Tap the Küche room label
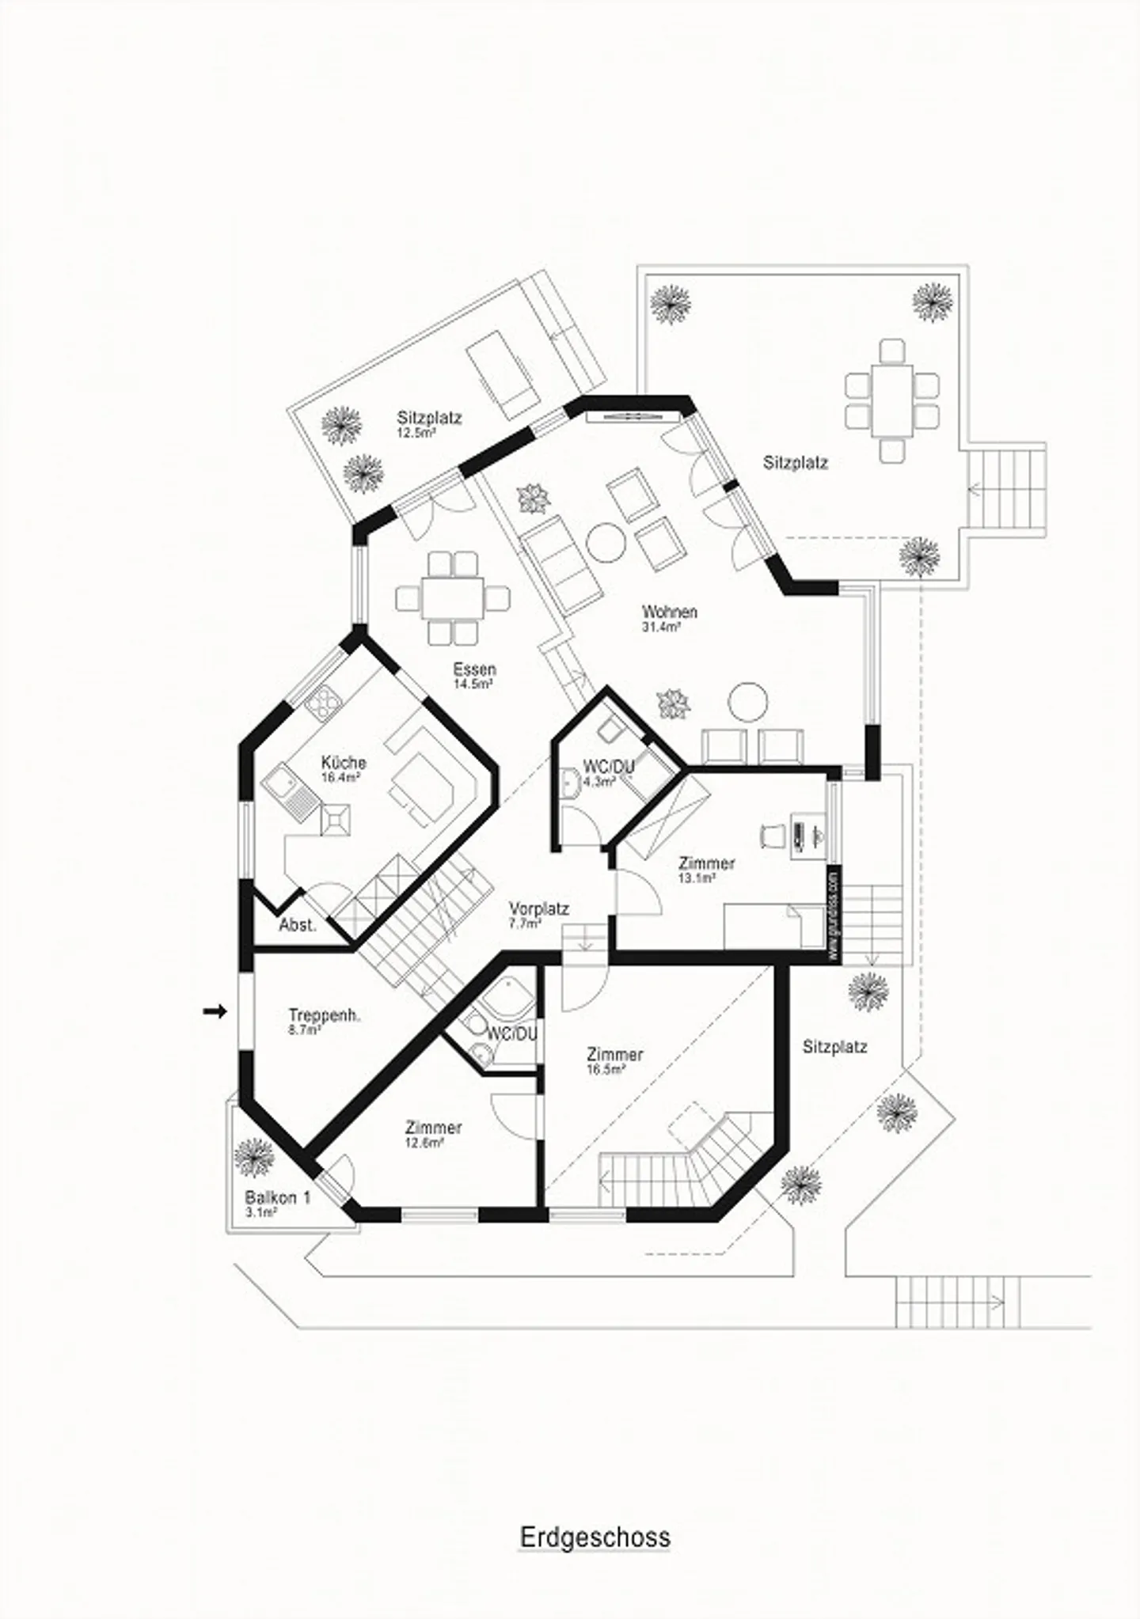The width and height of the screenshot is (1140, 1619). click(x=343, y=768)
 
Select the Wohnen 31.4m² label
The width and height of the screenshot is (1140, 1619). click(x=669, y=617)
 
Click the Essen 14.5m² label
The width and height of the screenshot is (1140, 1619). click(x=474, y=675)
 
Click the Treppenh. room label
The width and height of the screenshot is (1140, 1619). click(x=324, y=1020)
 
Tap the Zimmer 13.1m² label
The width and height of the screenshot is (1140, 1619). click(x=706, y=868)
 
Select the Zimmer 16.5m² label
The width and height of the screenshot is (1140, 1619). click(x=614, y=1060)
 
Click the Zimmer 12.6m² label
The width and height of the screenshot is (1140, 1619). click(x=433, y=1132)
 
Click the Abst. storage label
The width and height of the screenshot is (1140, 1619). click(x=298, y=925)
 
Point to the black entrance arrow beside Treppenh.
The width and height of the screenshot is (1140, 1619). click(x=215, y=1011)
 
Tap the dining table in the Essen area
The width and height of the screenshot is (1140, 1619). click(x=452, y=598)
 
